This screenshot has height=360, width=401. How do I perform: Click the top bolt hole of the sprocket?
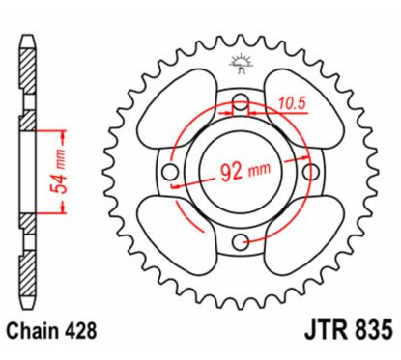point(241,101)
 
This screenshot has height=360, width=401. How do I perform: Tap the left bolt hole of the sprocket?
point(171,172)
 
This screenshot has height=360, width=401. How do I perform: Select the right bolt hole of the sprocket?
point(311,172)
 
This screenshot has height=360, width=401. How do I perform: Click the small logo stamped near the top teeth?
point(240,65)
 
